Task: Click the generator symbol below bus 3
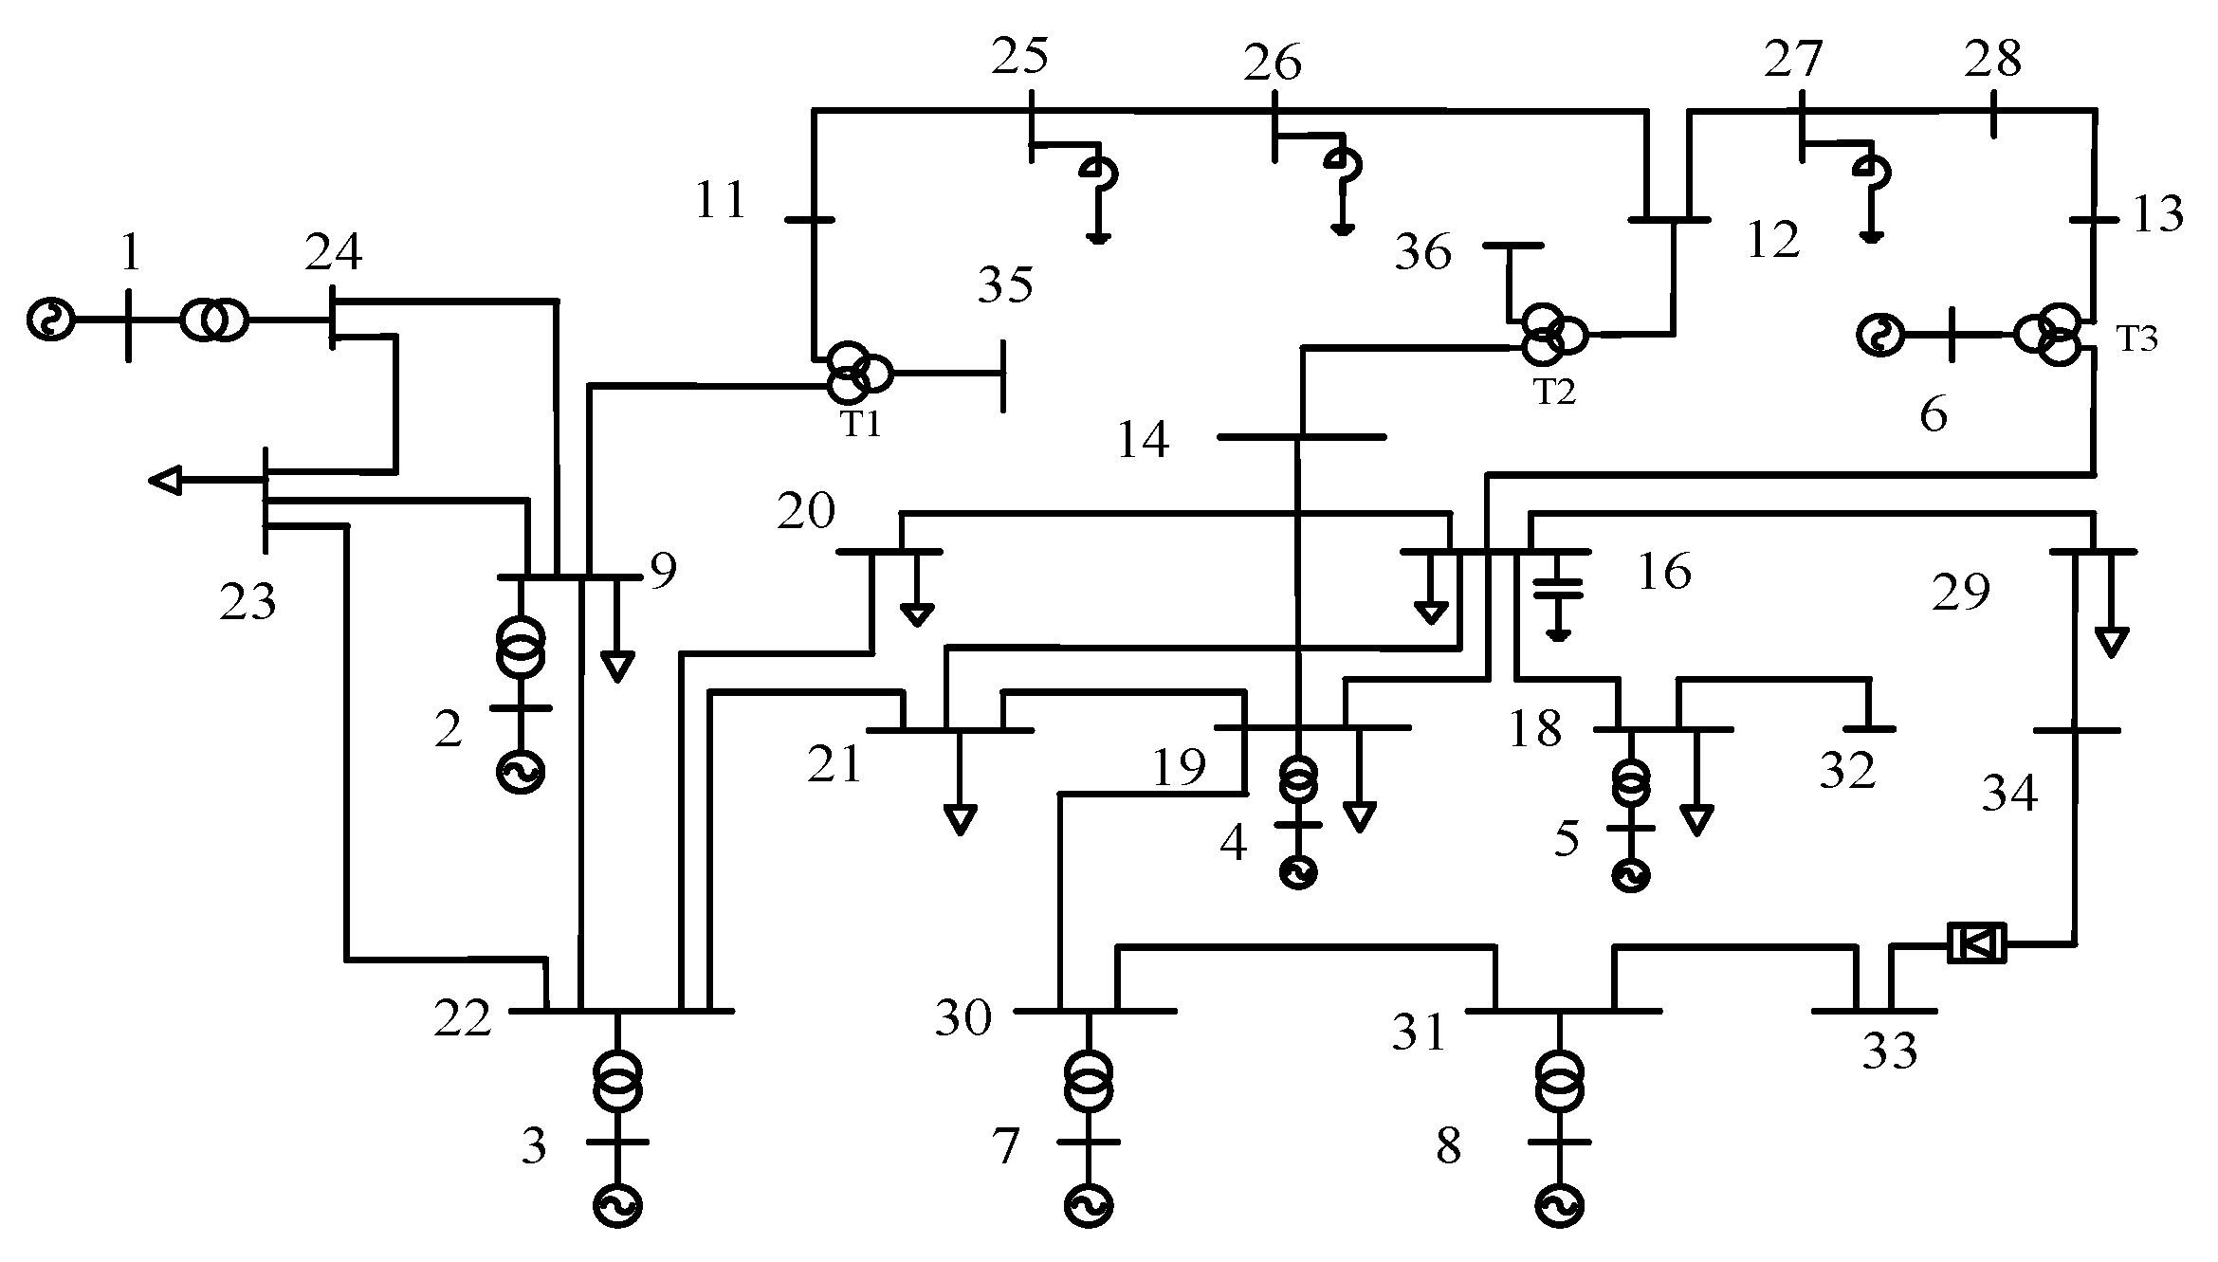(617, 1206)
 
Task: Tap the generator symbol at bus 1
(49, 320)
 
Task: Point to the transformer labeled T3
(2054, 335)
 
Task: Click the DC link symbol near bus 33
(1976, 943)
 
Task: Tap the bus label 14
(1144, 440)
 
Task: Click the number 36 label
(1422, 253)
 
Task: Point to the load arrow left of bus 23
(166, 481)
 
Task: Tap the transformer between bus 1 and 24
(214, 320)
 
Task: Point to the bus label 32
(1847, 771)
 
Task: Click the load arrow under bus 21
(960, 817)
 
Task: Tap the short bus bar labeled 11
(811, 220)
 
